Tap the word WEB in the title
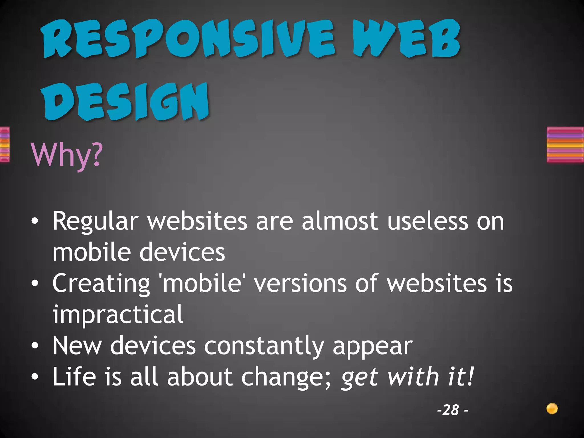[406, 38]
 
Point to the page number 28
[451, 410]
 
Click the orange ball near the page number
[552, 409]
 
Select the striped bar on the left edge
[5, 145]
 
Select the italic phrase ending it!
[407, 377]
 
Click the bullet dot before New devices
[35, 346]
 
